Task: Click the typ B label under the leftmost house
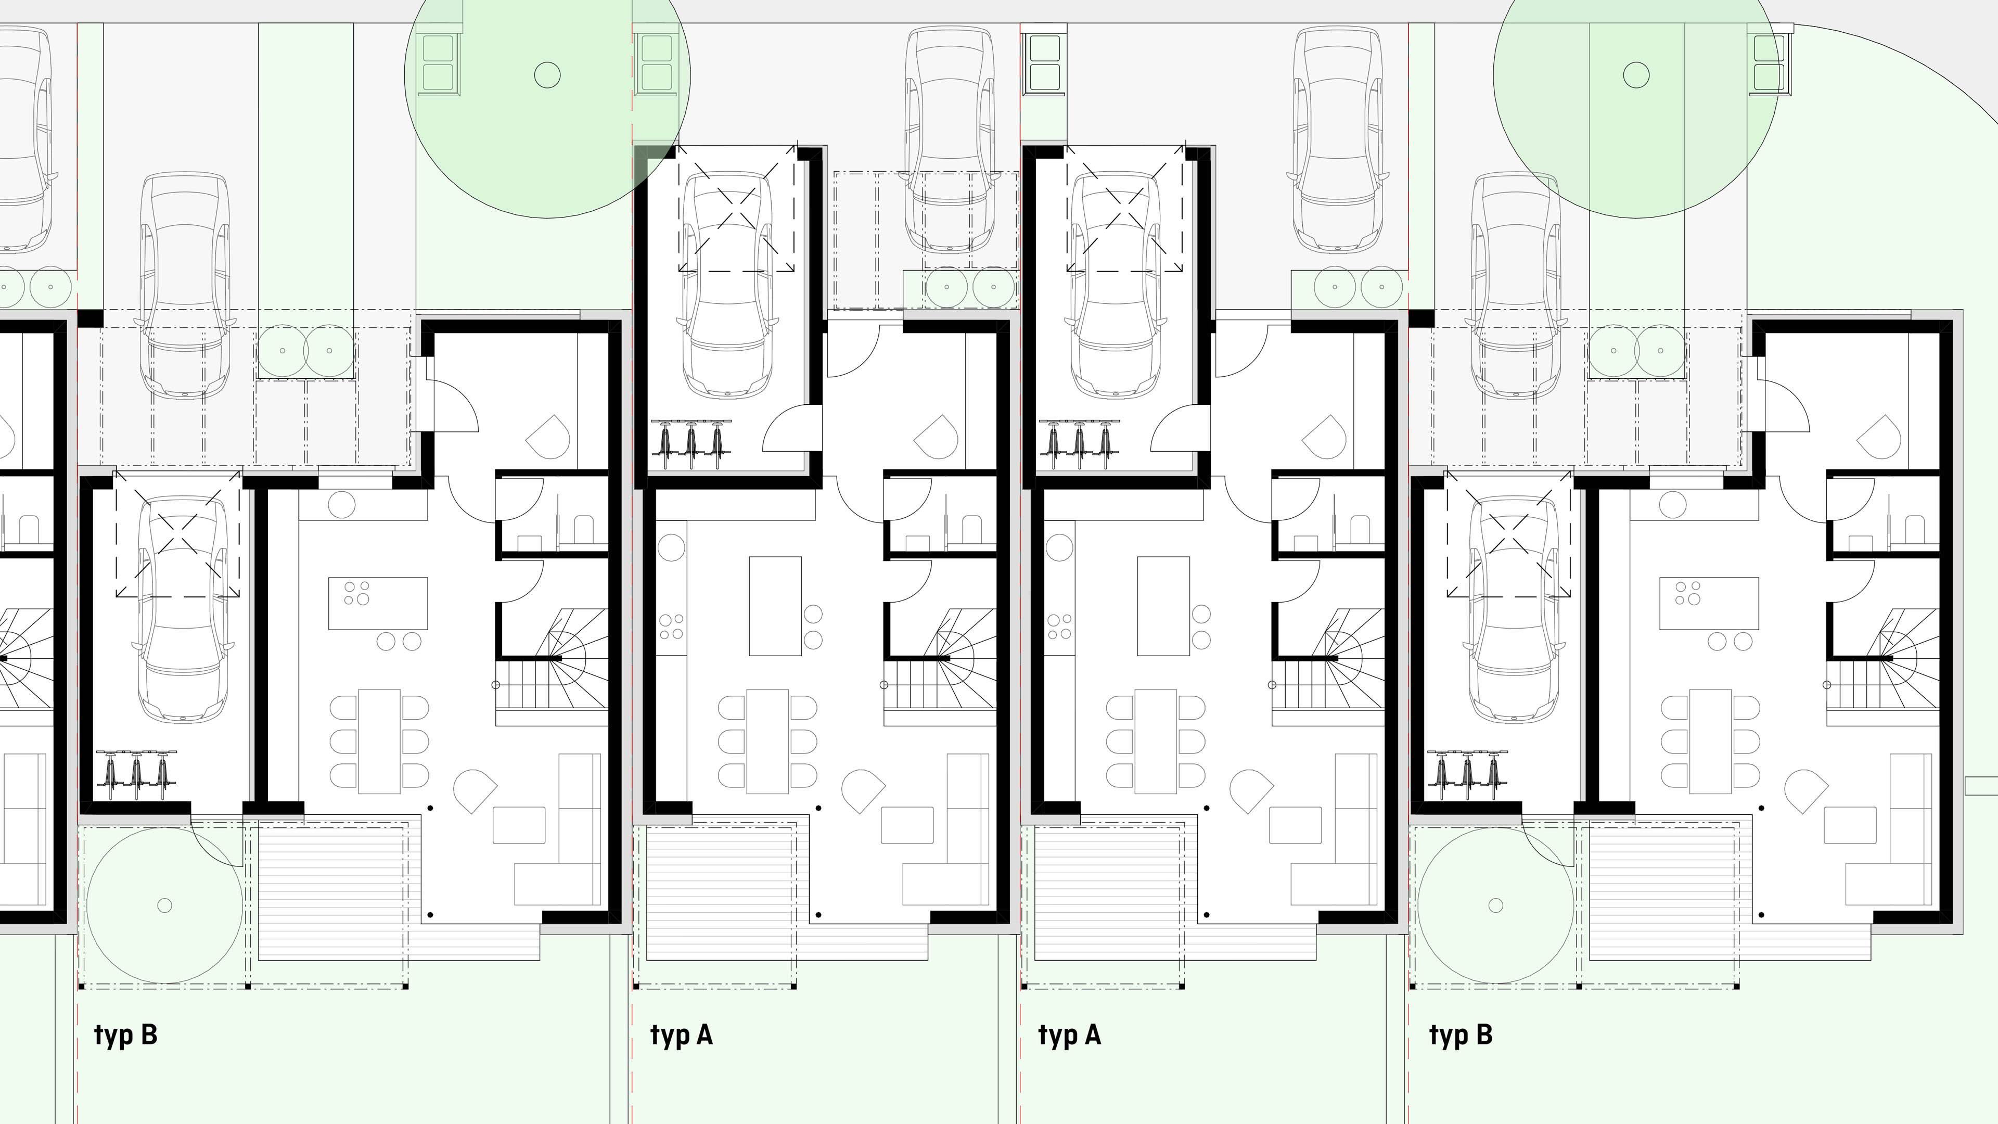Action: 125,1036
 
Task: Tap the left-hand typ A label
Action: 681,1036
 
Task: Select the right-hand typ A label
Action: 1070,1036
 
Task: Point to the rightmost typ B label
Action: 1461,1036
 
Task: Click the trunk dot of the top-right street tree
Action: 1636,75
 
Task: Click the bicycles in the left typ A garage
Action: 690,444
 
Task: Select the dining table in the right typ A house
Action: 1156,741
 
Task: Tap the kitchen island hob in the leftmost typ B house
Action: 357,593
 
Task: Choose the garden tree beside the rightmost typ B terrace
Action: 1496,905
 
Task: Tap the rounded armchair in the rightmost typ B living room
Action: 1805,790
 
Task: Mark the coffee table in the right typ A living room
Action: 1295,825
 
